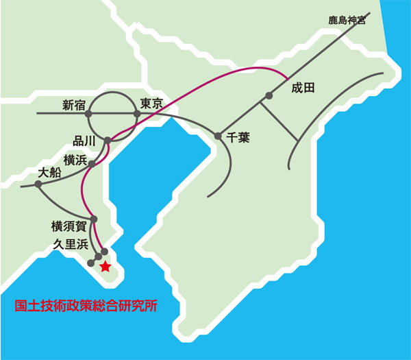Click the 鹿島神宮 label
[x=347, y=21]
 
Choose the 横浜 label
[x=74, y=160]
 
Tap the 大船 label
[x=50, y=173]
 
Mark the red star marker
[x=105, y=267]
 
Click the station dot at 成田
[x=269, y=96]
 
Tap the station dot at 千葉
[x=219, y=136]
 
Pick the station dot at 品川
[x=108, y=141]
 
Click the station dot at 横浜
[x=91, y=165]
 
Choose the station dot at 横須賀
[x=94, y=219]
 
